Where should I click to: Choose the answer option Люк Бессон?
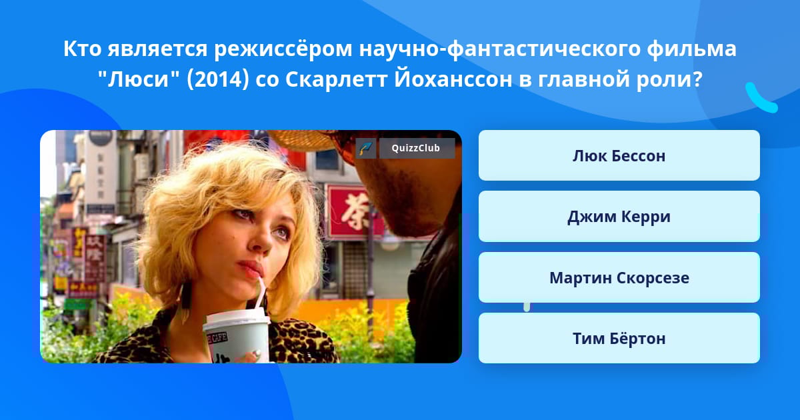pos(619,155)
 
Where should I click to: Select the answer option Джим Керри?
pos(619,217)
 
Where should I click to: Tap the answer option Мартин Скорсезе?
pos(619,277)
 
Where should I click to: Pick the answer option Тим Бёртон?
pos(619,338)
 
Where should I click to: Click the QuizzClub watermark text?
pos(416,148)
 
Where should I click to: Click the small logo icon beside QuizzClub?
pos(366,148)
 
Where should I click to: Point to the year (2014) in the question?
pos(217,79)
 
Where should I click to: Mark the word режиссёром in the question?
pos(283,49)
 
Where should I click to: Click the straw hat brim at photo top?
pos(303,140)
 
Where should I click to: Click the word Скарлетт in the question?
pos(336,79)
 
